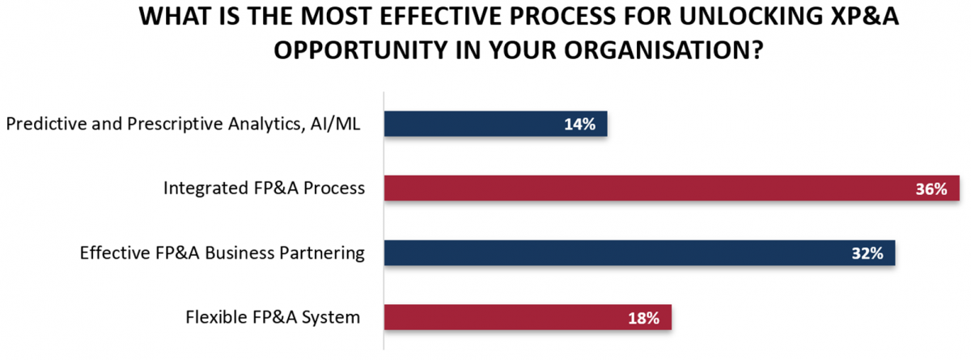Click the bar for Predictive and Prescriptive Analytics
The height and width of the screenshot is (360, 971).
tap(495, 124)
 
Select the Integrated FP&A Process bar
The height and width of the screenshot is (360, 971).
tap(672, 188)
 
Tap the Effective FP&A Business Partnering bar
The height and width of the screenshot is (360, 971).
tap(639, 252)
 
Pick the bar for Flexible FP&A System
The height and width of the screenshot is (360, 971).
tap(528, 317)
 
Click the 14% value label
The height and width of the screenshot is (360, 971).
tap(579, 125)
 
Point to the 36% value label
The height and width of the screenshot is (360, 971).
tap(931, 188)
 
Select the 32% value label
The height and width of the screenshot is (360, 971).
tap(867, 253)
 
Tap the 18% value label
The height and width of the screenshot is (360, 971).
tap(644, 319)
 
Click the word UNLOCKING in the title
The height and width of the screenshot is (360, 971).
tap(751, 16)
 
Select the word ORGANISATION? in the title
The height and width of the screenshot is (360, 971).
tap(664, 50)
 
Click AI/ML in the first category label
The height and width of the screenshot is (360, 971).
tap(335, 124)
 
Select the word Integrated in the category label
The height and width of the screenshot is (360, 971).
tap(206, 188)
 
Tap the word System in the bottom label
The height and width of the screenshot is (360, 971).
tap(331, 318)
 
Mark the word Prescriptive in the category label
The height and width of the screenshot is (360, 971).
tap(174, 125)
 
